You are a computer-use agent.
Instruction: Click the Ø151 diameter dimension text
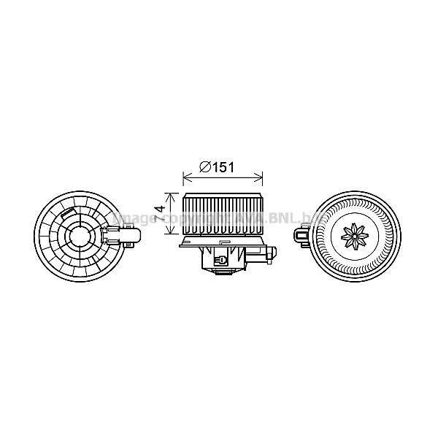217,167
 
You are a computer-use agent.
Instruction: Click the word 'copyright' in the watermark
192,218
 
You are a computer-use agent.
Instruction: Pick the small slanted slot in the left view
70,215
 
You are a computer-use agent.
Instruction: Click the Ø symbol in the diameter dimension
205,167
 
